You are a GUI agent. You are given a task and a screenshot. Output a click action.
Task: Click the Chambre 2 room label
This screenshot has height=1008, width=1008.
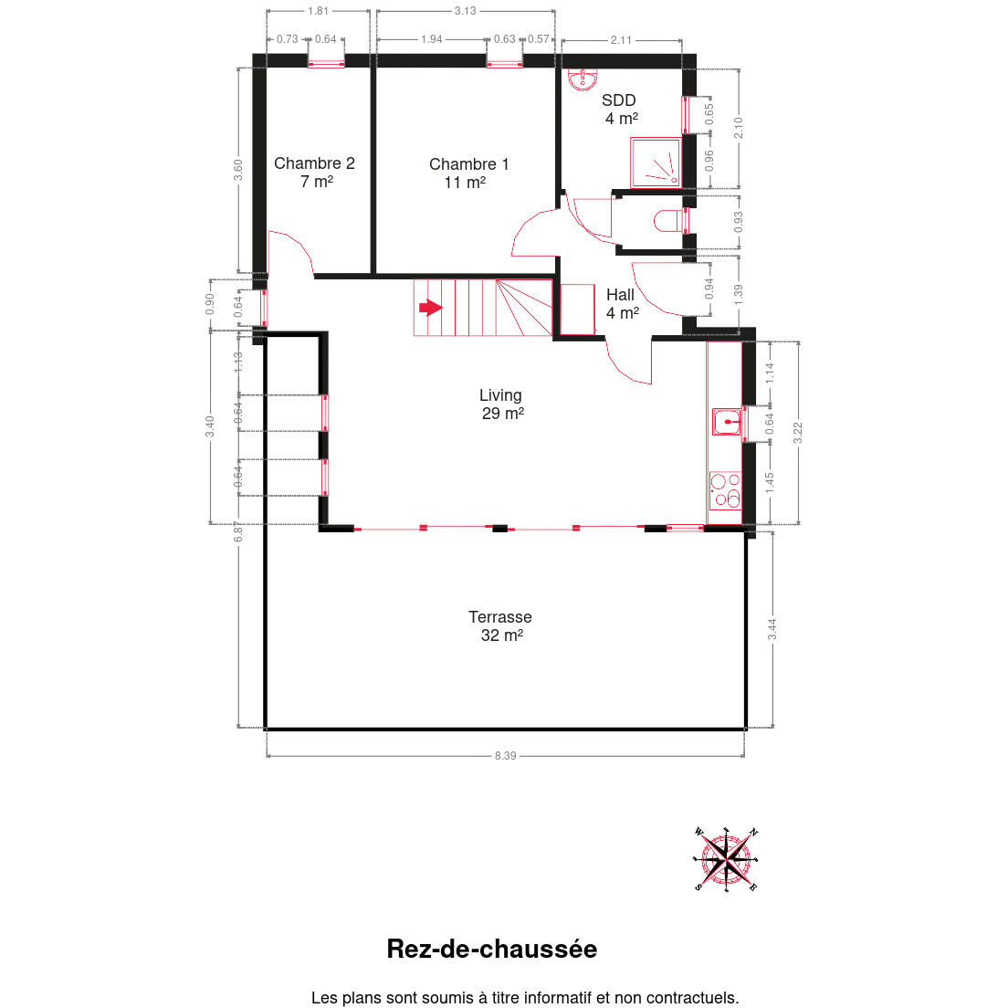(x=314, y=173)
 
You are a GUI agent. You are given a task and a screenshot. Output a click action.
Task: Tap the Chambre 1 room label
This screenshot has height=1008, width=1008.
(x=468, y=173)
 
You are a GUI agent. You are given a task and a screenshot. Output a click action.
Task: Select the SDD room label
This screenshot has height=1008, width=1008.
(x=620, y=110)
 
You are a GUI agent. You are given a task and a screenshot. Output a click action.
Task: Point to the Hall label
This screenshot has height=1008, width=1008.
(x=622, y=303)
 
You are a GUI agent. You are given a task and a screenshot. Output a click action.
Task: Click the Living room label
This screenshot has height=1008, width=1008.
(x=501, y=404)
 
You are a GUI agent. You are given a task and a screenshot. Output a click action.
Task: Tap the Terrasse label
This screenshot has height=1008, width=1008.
(x=500, y=625)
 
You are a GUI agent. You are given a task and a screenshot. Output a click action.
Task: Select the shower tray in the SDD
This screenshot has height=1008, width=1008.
(x=656, y=162)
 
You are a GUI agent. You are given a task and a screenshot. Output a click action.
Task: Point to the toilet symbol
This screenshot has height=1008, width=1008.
(x=669, y=221)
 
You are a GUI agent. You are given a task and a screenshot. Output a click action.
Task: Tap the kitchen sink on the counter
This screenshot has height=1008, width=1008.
(x=727, y=422)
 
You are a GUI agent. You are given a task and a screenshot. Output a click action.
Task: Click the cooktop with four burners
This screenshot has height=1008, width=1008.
(x=725, y=490)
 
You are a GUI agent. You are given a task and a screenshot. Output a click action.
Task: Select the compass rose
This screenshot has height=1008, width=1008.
(x=726, y=859)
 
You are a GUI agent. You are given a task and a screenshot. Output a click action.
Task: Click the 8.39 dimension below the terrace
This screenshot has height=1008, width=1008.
(x=505, y=755)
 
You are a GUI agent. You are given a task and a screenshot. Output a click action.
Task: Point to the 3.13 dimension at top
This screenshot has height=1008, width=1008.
(x=466, y=11)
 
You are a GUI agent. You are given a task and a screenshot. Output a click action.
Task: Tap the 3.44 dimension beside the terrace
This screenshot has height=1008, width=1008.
(x=772, y=629)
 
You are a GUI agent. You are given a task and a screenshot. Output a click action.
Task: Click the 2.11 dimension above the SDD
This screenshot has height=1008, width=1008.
(x=621, y=40)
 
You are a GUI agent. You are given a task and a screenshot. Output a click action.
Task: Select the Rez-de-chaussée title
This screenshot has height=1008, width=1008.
(x=492, y=949)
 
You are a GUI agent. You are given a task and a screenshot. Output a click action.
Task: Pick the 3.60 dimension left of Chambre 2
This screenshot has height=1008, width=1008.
(x=238, y=171)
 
